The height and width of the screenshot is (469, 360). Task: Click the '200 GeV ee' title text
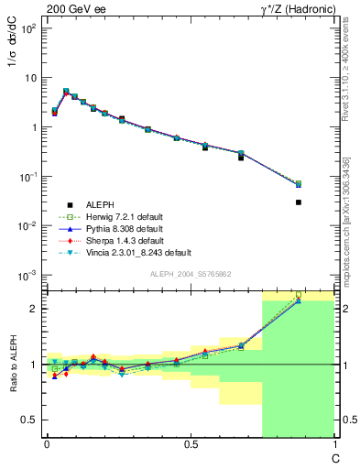[72, 9]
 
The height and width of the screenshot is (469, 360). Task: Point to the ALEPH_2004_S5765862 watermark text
[190, 275]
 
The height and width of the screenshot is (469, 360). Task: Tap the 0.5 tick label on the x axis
[190, 444]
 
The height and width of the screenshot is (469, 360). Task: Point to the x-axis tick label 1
[333, 444]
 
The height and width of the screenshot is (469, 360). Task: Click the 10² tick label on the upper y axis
[29, 28]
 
